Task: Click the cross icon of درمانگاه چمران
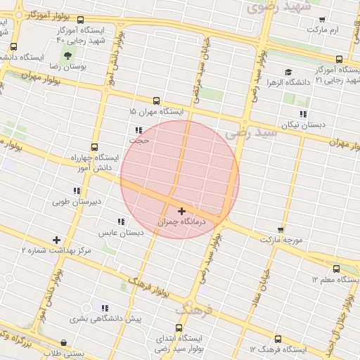182,211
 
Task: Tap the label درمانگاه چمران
182,221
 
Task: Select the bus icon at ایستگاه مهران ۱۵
156,101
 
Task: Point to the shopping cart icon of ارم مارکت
322,19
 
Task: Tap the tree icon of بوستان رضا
67,55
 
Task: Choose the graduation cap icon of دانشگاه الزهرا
288,72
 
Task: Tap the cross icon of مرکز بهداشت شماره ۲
56,240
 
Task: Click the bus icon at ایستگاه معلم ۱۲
335,269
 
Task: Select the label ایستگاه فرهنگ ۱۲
278,349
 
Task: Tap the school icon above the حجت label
139,130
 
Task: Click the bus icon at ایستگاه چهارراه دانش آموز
95,148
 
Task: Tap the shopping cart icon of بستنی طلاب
65,343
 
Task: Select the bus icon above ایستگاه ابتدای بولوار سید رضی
179,328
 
